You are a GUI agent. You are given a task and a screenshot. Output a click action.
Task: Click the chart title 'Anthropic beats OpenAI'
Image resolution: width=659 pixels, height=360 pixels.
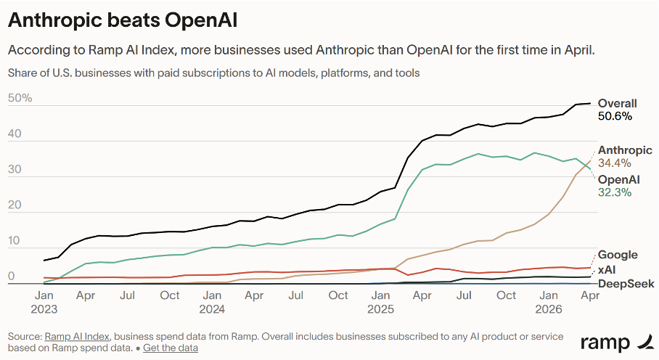pyautogui.click(x=123, y=20)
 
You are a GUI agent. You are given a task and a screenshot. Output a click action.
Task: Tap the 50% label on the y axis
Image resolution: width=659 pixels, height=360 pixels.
pyautogui.click(x=20, y=98)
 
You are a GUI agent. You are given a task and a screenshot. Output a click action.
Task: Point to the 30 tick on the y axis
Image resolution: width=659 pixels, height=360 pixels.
pyautogui.click(x=15, y=169)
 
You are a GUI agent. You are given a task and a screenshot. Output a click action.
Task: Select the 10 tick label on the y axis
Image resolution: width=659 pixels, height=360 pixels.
pyautogui.click(x=14, y=241)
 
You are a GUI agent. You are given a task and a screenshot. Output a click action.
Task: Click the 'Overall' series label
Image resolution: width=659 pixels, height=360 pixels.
pyautogui.click(x=618, y=103)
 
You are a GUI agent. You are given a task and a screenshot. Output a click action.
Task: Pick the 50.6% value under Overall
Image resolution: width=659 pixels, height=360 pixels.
pyautogui.click(x=615, y=116)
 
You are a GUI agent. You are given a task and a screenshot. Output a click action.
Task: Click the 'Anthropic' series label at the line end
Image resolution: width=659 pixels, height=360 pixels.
pyautogui.click(x=625, y=150)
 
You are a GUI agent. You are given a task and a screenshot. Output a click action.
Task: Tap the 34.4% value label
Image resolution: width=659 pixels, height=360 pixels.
pyautogui.click(x=615, y=163)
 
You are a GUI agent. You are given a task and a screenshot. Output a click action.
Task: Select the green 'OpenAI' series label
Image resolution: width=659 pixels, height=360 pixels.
pyautogui.click(x=618, y=180)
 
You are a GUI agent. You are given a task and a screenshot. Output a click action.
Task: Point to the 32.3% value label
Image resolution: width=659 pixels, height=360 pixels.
pyautogui.click(x=615, y=192)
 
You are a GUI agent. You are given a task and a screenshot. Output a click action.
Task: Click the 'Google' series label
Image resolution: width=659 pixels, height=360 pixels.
pyautogui.click(x=618, y=255)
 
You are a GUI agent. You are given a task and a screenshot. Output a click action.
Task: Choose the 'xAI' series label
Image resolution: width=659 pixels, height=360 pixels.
pyautogui.click(x=607, y=270)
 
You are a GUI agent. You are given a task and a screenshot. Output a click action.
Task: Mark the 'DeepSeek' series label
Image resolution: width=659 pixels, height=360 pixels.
pyautogui.click(x=626, y=284)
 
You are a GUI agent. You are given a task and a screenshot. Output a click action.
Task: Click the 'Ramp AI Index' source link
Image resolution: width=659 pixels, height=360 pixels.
pyautogui.click(x=77, y=337)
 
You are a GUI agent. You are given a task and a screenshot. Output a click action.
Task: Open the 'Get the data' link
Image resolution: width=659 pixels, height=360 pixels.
pyautogui.click(x=171, y=348)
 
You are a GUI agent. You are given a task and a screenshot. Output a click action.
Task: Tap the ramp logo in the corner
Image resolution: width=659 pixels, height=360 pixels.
pyautogui.click(x=617, y=343)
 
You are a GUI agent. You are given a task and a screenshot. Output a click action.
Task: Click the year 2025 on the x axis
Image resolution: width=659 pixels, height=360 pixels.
pyautogui.click(x=380, y=310)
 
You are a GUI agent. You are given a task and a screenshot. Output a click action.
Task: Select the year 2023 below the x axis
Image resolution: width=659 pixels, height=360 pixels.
pyautogui.click(x=44, y=310)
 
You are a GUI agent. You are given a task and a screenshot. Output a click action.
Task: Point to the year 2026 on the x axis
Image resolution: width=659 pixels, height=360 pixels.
pyautogui.click(x=549, y=310)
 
